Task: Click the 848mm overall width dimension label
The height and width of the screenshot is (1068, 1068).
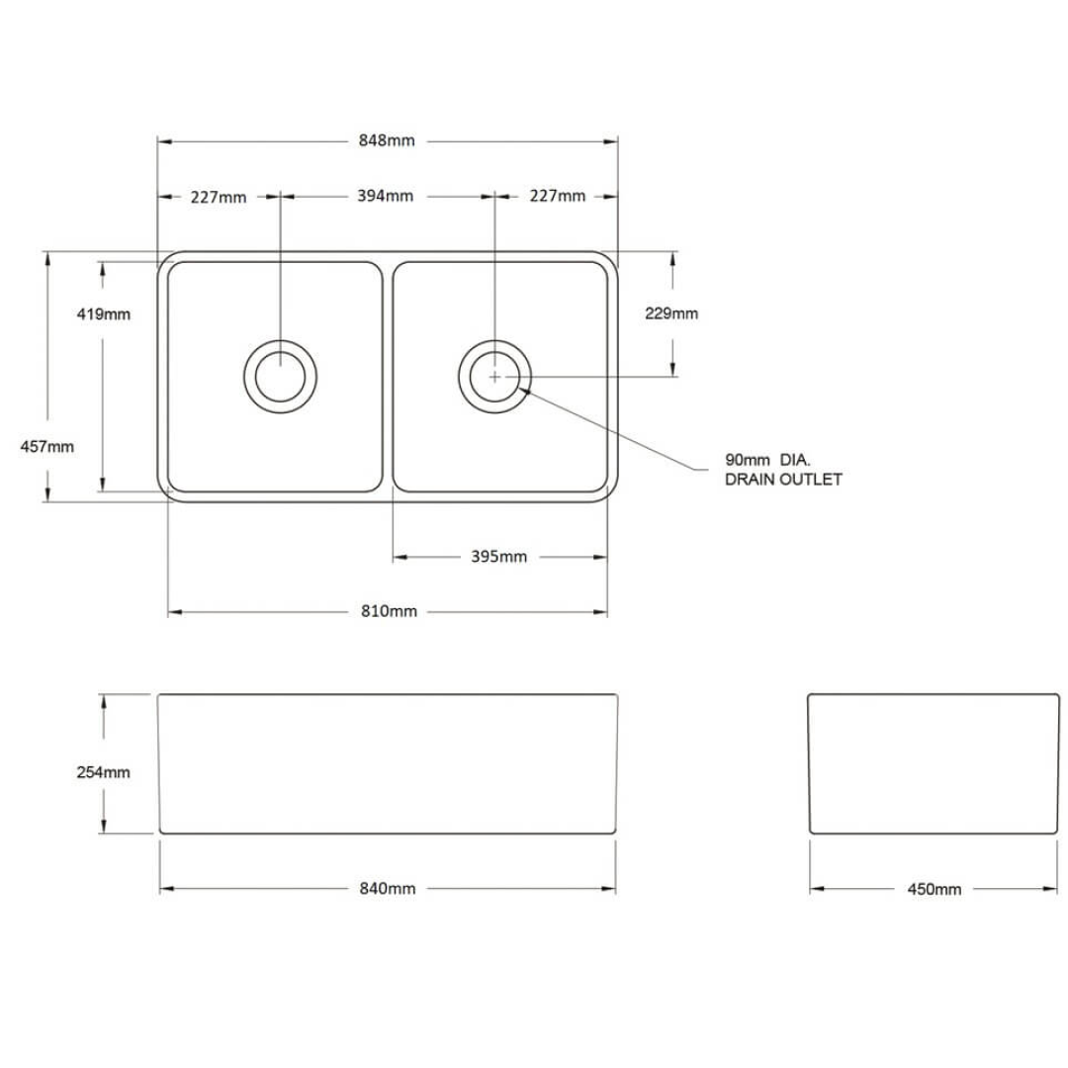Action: pos(387,140)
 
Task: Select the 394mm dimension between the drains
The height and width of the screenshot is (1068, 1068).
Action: pos(386,196)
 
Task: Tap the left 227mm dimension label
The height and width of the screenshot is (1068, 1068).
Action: pos(219,197)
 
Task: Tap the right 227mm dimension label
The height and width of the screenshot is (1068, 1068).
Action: pos(558,196)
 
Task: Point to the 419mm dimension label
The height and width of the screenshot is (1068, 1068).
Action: pos(104,314)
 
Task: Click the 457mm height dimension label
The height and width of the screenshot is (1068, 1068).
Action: pos(47,446)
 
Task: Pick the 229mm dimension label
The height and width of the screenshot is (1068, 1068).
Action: pos(671,313)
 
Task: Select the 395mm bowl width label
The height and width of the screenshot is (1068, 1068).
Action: pos(499,557)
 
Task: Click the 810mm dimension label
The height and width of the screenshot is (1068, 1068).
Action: pos(389,611)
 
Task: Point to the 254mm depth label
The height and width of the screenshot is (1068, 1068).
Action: pos(104,772)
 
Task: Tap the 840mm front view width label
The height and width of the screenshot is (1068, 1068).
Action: pos(388,888)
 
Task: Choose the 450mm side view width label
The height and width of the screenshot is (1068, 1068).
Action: pos(934,889)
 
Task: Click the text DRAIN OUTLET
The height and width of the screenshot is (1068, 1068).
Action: pos(783,480)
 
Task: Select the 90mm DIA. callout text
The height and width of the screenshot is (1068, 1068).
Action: pos(767,460)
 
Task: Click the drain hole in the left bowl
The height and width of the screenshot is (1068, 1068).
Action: pos(281,376)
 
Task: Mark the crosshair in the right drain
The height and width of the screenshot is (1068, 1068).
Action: pos(494,376)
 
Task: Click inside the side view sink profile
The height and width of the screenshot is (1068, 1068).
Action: pos(934,763)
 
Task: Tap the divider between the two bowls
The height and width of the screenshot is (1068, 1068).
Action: pos(388,376)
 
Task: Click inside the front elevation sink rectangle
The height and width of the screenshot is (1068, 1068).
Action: pos(388,763)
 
